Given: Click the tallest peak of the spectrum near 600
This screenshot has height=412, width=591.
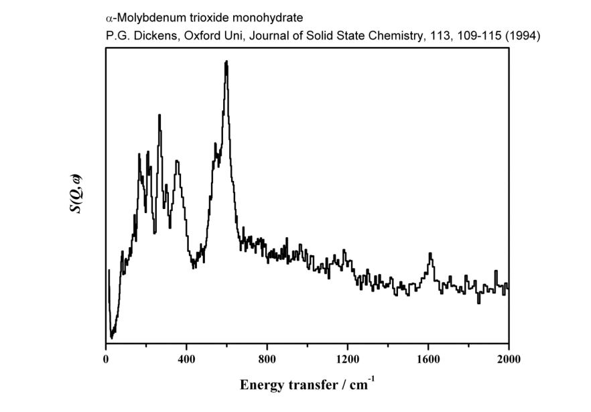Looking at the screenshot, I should click(226, 62).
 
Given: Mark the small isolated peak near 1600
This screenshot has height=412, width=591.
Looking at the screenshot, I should click(430, 254).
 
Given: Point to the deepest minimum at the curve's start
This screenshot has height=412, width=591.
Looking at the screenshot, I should click(112, 338).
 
